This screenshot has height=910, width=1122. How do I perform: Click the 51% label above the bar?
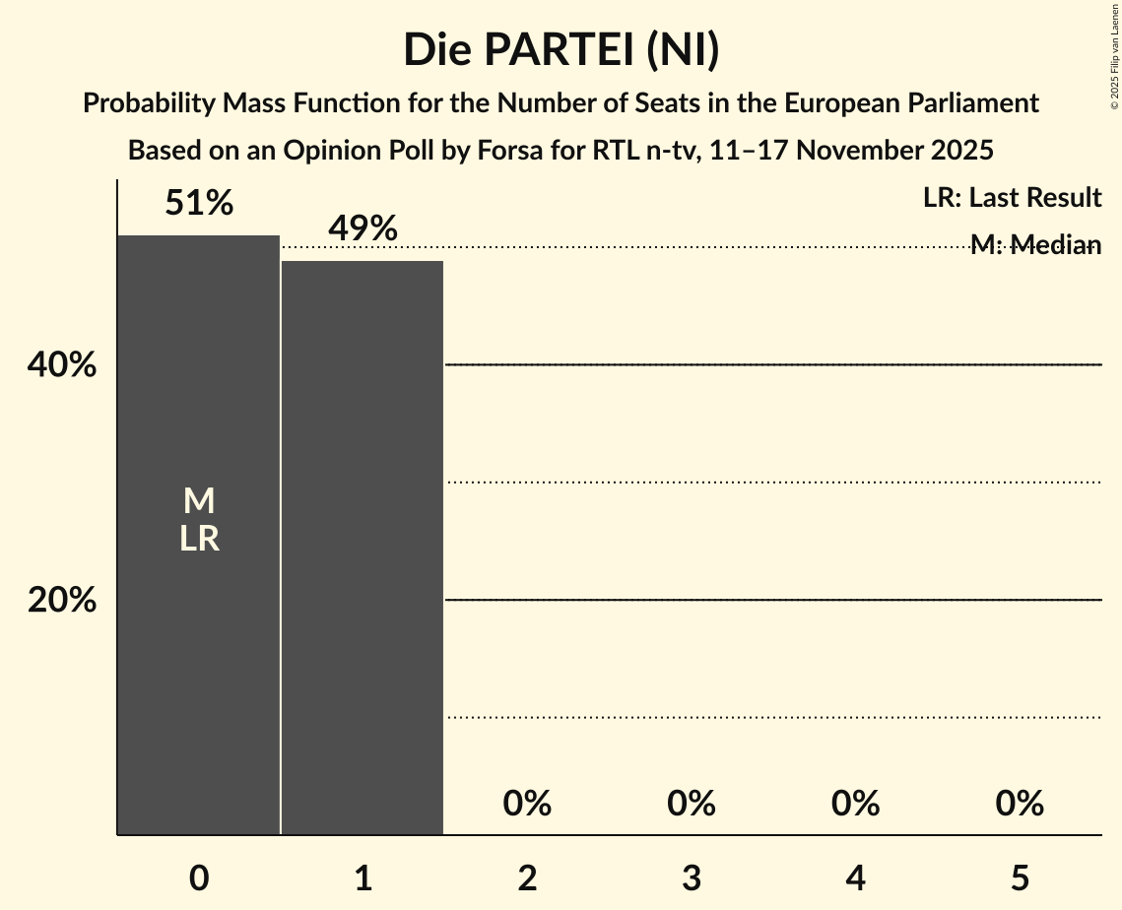click(199, 204)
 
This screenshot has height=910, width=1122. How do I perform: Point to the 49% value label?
click(363, 229)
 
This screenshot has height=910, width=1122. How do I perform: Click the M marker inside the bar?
click(199, 501)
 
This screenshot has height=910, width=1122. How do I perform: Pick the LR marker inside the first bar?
click(199, 539)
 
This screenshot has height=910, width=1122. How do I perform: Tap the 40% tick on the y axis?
click(62, 365)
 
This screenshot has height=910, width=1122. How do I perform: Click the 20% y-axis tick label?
click(62, 600)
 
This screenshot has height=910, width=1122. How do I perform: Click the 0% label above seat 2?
click(527, 804)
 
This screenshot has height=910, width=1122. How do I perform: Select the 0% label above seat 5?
click(1020, 804)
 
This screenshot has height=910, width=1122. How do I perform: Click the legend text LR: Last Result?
click(1012, 198)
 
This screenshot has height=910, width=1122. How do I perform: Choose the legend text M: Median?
click(1035, 245)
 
